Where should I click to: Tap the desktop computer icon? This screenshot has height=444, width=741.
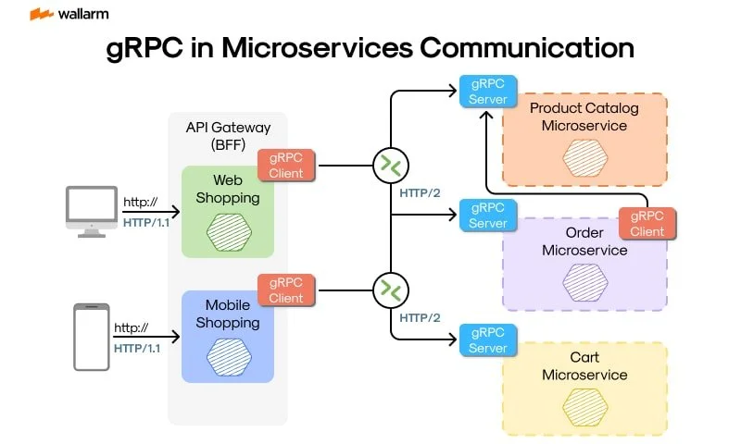pos(91,211)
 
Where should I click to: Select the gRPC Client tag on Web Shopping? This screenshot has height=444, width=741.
pos(286,165)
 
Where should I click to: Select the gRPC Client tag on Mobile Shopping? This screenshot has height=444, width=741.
pos(286,290)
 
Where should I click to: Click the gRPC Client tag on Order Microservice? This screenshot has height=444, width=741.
pos(647,223)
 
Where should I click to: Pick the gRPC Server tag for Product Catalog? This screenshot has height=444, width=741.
pos(487,91)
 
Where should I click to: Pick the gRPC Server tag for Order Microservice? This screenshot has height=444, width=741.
pos(487,215)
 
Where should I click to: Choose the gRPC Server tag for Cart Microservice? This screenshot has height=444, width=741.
pos(487,339)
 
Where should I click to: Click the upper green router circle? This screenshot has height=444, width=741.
pos(390,166)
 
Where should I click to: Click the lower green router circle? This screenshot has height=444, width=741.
pos(390,291)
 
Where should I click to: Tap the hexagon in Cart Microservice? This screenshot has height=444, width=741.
pos(584,406)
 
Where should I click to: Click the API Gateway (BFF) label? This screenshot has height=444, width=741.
pos(227,137)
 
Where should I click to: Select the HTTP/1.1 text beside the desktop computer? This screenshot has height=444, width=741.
pos(142,221)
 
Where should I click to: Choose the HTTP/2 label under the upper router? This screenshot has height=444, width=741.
pos(420,192)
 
